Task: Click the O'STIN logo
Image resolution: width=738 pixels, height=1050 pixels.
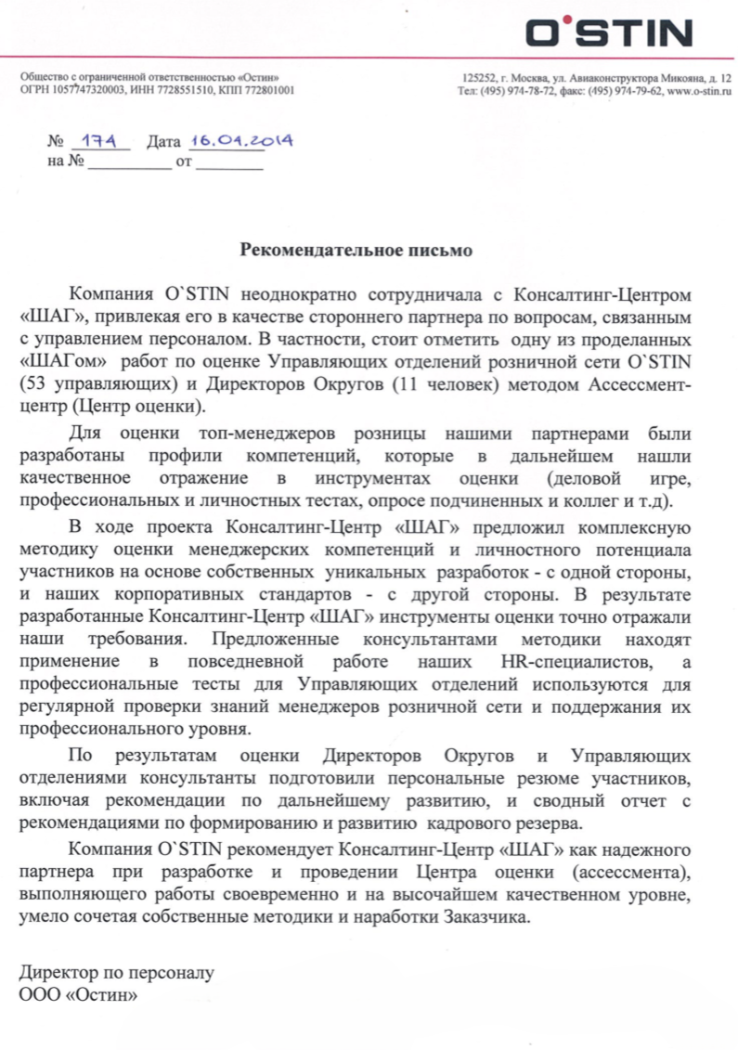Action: point(609,33)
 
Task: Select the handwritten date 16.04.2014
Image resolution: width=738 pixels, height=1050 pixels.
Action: point(240,141)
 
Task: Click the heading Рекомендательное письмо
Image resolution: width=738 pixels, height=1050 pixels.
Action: point(356,250)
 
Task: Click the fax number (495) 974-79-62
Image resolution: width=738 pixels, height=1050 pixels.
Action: point(626,91)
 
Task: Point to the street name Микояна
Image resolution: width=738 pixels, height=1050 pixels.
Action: point(687,78)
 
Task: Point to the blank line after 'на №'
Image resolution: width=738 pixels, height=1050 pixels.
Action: point(129,166)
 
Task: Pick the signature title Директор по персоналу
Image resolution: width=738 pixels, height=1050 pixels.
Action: point(117,974)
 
